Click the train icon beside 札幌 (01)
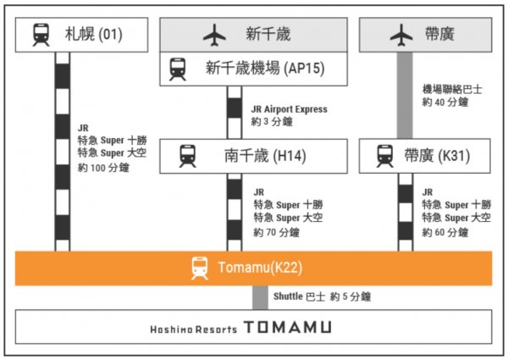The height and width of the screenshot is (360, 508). pos(41,35)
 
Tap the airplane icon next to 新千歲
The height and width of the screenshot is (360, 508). pos(215,35)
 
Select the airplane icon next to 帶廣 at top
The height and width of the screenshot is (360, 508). pos(400,35)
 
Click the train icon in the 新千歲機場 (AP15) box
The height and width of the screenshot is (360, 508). pos(178,68)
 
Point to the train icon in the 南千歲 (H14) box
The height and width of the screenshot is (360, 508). pos(187,156)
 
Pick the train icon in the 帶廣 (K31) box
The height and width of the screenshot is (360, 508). pos(385,156)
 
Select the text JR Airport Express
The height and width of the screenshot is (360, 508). pos(289,109)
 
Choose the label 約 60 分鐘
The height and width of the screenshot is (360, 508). pos(445,232)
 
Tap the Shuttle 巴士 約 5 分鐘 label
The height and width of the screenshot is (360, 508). pos(322,297)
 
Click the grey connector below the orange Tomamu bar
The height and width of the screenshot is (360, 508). pos(260,297)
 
